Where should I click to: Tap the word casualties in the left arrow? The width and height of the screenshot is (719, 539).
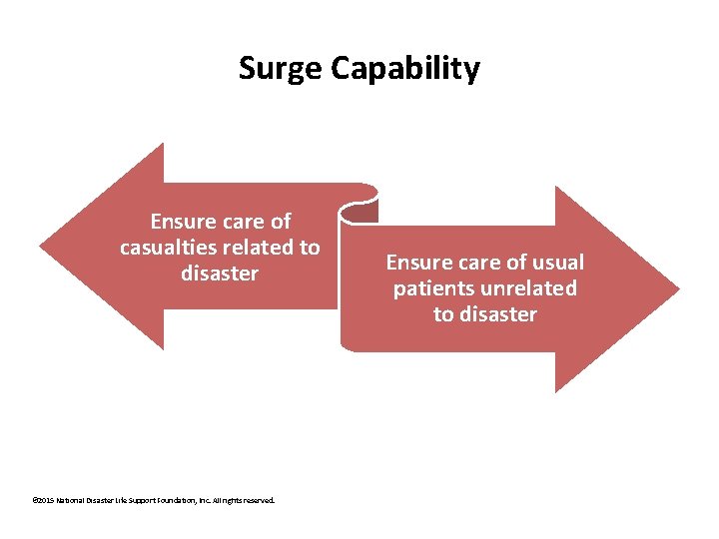[166, 247]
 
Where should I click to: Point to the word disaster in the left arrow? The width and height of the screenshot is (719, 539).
[220, 272]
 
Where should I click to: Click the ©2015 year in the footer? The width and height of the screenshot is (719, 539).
[44, 500]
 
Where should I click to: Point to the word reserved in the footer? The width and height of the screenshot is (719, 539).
[258, 500]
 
